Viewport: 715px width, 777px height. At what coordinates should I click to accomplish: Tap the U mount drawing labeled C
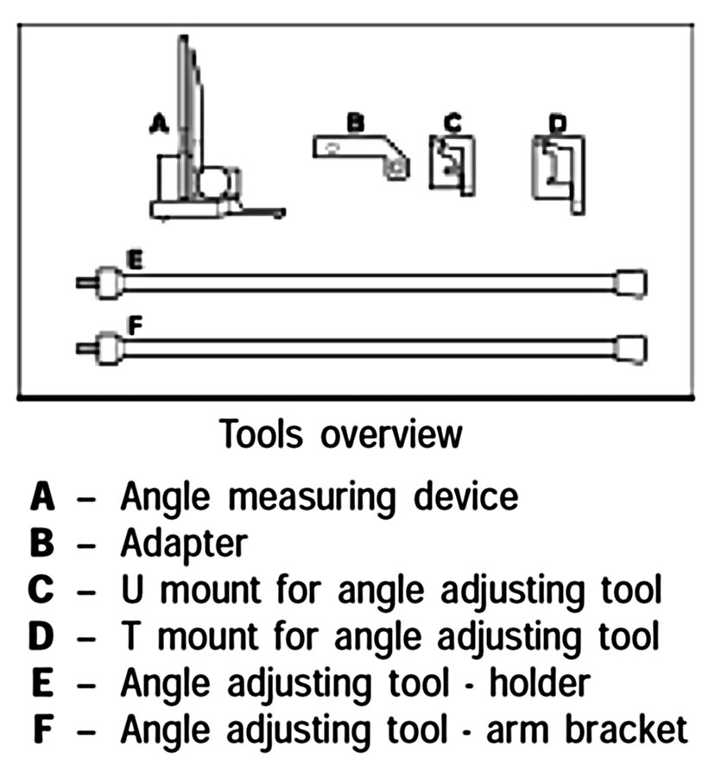tap(452, 164)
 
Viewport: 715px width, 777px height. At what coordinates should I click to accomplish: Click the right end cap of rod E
tap(630, 282)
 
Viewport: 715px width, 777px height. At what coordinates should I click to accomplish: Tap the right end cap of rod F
tap(630, 348)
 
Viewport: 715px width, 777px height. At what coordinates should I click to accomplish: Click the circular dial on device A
tap(213, 182)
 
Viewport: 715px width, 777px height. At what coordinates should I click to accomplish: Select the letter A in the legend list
tap(43, 497)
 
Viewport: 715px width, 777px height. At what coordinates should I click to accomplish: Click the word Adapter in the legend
tap(183, 545)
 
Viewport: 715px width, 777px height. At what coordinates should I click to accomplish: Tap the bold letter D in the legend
tap(43, 638)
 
